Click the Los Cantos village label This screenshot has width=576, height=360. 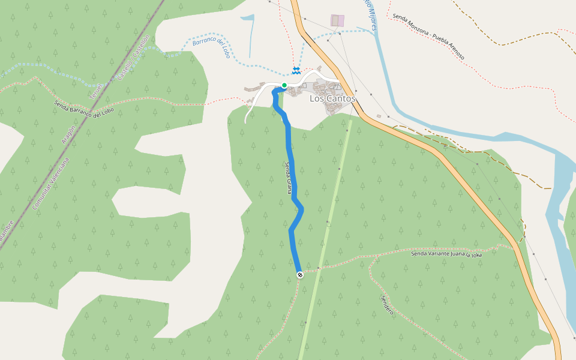click(x=332, y=98)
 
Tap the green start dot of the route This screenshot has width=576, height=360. click(x=284, y=85)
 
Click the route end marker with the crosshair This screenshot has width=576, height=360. click(x=300, y=275)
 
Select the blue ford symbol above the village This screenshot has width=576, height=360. click(x=296, y=71)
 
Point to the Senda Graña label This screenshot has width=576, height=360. click(x=289, y=178)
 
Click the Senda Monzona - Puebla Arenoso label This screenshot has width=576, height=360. click(x=428, y=37)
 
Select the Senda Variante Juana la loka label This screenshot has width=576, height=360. click(x=446, y=254)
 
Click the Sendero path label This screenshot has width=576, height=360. click(x=387, y=305)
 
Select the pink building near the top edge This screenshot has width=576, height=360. click(x=338, y=20)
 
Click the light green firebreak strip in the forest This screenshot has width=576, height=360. click(x=327, y=228)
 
